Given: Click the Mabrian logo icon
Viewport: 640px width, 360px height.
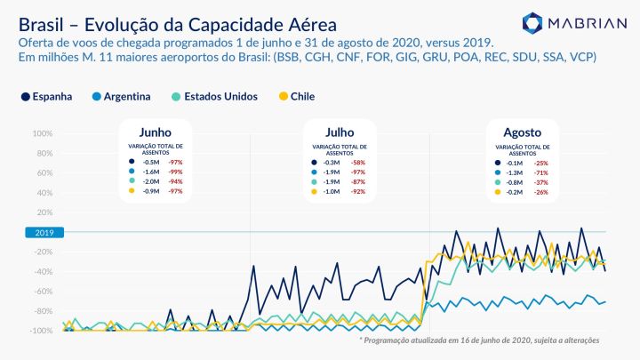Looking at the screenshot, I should click(x=532, y=22).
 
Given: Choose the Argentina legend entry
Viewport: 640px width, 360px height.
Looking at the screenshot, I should click(x=121, y=96).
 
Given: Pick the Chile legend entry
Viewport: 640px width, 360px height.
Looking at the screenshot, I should click(x=296, y=96).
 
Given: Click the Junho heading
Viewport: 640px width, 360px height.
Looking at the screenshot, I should click(x=156, y=131).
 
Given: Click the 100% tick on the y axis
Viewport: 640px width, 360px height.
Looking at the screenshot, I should click(x=41, y=134).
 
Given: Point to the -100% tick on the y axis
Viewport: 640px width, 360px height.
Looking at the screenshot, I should click(x=40, y=331).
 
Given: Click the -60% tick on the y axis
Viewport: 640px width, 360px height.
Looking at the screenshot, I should click(x=41, y=292).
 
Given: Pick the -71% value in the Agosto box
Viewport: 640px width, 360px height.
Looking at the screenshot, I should click(x=541, y=172).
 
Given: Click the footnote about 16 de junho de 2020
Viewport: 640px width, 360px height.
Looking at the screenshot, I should click(x=478, y=340).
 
